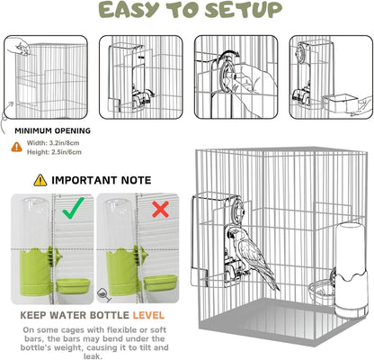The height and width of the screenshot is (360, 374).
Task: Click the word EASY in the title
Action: pos(129,10)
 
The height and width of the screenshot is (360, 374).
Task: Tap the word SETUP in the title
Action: pos(244,10)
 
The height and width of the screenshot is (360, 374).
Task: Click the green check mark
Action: pos(74,208)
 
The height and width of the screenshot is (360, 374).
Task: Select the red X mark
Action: pos(160,209)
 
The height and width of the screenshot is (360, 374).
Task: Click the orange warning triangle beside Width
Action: pos(17,147)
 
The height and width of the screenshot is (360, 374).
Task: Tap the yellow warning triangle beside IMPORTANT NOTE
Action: pos(40,180)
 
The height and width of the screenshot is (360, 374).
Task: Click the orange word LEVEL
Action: pos(148,315)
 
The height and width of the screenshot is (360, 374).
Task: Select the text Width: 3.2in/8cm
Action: pos(53,143)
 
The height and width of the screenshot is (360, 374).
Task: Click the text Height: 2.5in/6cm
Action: pos(54,152)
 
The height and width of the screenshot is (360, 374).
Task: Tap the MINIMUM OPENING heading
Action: pos(53,130)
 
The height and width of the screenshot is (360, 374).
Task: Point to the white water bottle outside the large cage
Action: pos(350,270)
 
